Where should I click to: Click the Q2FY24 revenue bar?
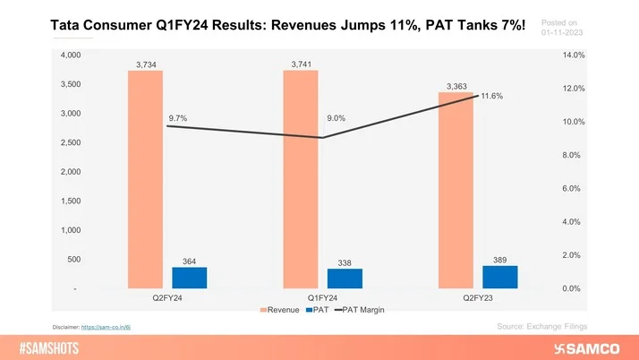(x=145, y=179)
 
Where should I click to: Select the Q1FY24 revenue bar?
(x=300, y=179)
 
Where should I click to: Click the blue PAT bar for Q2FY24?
(x=190, y=278)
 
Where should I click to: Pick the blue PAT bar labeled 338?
(x=345, y=279)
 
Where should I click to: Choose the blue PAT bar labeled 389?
(x=499, y=277)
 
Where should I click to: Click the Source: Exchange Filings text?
(x=541, y=327)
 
